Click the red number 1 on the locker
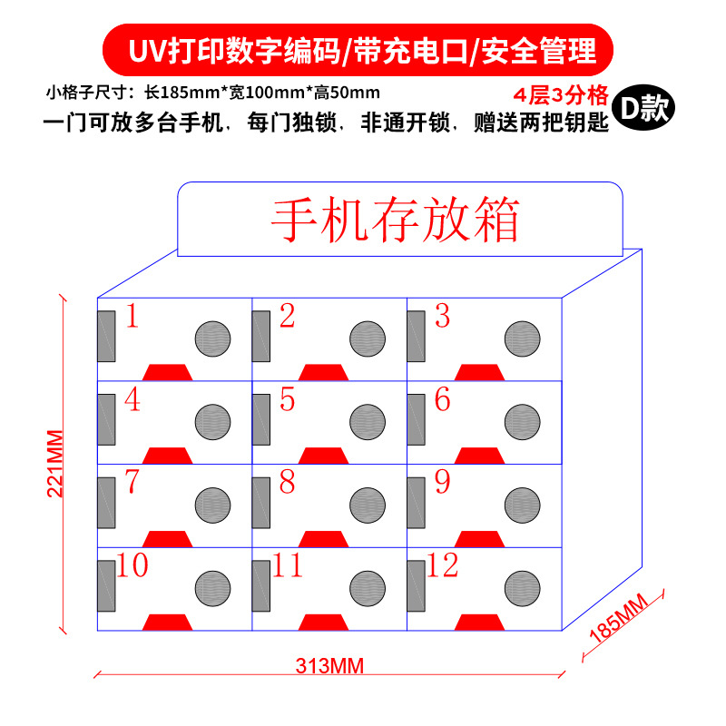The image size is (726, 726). point(132,317)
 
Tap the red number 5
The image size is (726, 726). point(287,399)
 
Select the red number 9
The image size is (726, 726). point(442,482)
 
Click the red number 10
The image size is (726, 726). point(132,565)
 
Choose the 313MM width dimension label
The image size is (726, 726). point(329,666)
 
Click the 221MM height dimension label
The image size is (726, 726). point(54,462)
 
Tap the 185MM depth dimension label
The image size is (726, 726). point(620,620)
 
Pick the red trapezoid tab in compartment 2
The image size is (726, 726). point(320,371)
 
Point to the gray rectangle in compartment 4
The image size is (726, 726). point(106,420)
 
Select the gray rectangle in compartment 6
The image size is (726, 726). point(417,420)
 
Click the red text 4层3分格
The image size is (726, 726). point(560,94)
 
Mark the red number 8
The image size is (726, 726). point(287,482)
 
